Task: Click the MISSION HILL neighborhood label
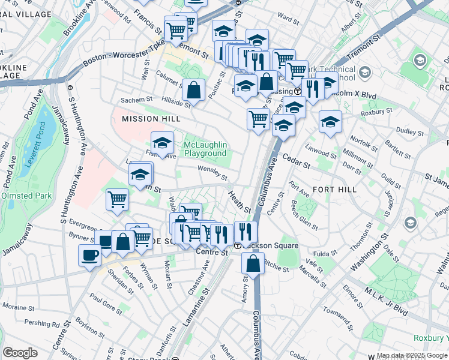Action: [151, 119]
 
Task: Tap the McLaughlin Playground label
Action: [205, 149]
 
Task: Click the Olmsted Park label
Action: [25, 196]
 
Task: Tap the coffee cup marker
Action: [89, 254]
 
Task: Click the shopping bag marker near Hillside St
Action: [193, 90]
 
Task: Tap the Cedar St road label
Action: [298, 164]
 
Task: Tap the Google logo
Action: [20, 353]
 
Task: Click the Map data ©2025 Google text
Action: [412, 356]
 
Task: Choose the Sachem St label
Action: [138, 100]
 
